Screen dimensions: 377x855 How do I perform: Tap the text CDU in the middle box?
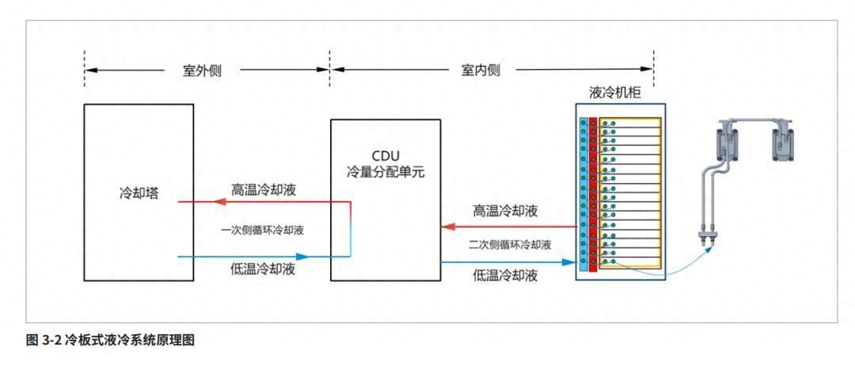point(386,154)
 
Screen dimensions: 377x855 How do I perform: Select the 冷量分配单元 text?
point(386,170)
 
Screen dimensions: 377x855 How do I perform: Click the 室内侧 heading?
point(481,70)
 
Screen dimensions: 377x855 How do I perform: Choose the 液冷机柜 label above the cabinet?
point(615,93)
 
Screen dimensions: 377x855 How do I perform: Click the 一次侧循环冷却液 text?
point(262,230)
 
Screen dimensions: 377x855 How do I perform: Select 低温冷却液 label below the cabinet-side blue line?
point(506,276)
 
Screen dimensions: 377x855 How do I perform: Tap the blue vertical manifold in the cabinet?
point(583,193)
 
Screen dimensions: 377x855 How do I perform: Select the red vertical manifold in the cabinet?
point(592,193)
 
